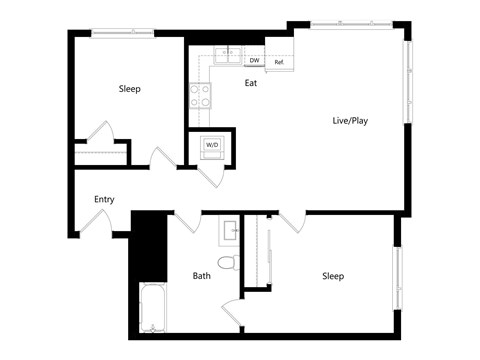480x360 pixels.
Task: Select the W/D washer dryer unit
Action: pos(212,145)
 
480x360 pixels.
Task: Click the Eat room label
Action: pos(251,84)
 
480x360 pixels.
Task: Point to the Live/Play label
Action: pos(349,121)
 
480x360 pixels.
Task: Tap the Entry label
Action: pos(104,199)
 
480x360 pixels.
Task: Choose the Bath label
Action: pos(201,275)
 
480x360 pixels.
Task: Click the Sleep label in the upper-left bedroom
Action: pos(130,89)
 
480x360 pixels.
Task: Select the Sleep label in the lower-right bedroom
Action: pos(333,275)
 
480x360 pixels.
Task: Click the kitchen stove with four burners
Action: pos(200,95)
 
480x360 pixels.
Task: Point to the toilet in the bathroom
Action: pos(229,263)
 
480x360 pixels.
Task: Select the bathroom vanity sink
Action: pos(230,231)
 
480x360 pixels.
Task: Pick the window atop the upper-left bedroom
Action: pos(122,34)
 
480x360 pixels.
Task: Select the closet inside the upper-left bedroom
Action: pos(100,155)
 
